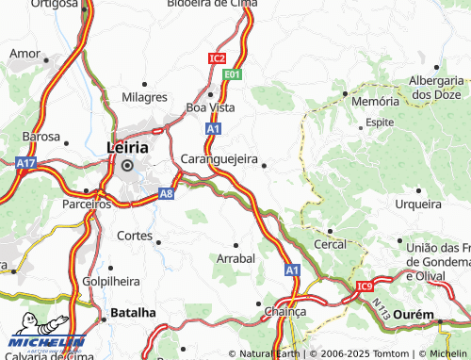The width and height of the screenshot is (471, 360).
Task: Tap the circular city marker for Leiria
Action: pos(127,166)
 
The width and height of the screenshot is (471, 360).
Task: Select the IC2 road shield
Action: pos(217,58)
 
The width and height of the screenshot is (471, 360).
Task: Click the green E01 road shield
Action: pos(233,73)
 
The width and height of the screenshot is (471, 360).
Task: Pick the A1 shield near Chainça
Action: pos(292,270)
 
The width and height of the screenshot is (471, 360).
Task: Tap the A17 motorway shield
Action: pos(25,163)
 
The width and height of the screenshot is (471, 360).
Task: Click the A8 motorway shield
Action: pos(166,192)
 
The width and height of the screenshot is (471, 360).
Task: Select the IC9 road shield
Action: pos(365,286)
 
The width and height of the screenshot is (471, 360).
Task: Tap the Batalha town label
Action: pos(133,312)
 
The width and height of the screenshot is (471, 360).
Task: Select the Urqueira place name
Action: pos(417,204)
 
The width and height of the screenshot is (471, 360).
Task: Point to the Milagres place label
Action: pos(144,97)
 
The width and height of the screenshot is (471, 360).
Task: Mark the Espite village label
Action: pos(380,123)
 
